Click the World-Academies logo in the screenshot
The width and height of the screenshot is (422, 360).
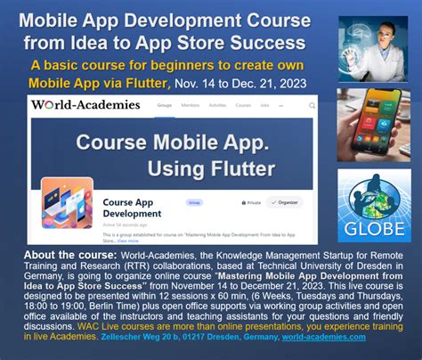click(x=85, y=105)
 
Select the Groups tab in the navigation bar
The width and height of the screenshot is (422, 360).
click(x=165, y=105)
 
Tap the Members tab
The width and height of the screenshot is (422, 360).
click(x=191, y=105)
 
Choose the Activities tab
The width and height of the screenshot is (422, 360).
click(x=218, y=105)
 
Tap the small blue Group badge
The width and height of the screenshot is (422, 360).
click(x=192, y=202)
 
